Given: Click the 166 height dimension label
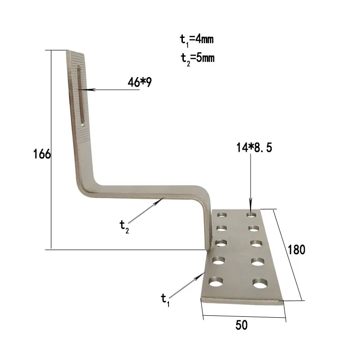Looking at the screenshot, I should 42,155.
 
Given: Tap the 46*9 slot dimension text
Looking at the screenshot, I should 140,83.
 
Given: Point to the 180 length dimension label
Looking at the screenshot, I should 296,250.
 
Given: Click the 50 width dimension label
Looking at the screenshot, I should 241,325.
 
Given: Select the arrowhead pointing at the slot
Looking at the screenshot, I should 84,90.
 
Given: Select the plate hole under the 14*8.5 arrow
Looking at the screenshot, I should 250,214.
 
